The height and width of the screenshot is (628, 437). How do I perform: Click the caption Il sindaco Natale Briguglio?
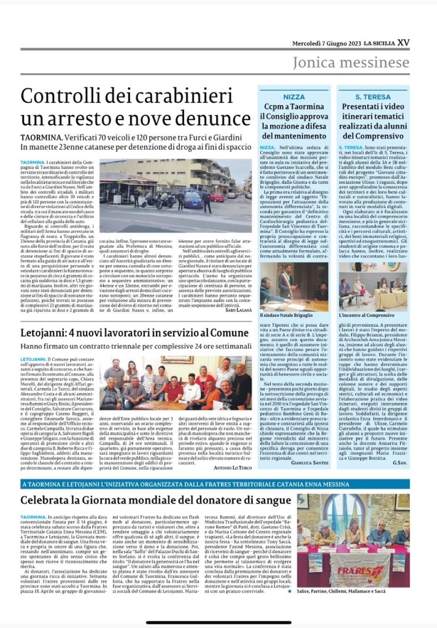tap(284, 314)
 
